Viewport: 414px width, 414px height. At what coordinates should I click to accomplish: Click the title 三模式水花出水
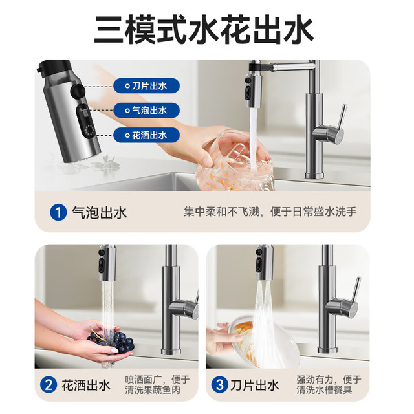204,30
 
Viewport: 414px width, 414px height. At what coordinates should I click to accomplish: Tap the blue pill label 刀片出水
147,86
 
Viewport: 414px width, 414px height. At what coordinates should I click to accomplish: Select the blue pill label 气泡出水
147,111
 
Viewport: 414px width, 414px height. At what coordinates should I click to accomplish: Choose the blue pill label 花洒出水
147,135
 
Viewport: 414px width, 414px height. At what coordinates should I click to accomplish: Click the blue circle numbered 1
58,213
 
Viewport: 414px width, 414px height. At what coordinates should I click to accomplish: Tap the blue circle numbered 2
49,385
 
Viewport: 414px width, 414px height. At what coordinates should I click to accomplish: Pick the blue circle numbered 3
220,385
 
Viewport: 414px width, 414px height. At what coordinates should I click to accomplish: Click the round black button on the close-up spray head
78,91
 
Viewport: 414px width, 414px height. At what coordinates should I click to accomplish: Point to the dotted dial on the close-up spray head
89,131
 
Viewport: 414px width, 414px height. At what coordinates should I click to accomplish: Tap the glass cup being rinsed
234,161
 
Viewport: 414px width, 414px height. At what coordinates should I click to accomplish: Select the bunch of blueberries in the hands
111,340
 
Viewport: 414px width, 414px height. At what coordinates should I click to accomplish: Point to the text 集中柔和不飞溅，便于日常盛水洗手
270,212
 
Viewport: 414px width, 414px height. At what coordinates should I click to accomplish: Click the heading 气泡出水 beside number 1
99,213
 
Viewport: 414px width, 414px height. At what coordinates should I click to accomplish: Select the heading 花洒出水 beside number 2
86,386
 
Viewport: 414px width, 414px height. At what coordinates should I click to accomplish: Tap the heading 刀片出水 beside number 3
254,386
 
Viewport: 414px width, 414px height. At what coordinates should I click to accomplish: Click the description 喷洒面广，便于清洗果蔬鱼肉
157,385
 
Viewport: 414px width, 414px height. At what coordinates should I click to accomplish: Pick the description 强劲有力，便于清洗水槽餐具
329,385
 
